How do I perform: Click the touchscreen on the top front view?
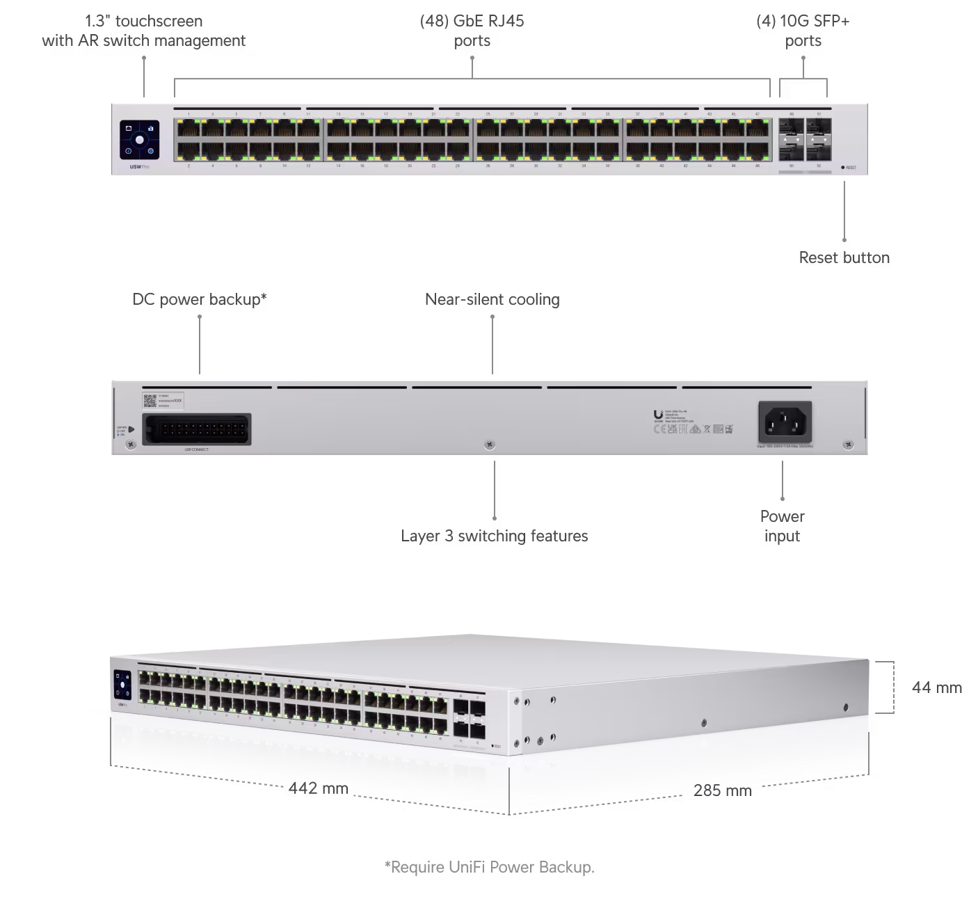pos(139,139)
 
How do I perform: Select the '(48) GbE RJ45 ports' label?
pos(472,31)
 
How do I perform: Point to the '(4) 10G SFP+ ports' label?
pos(803,31)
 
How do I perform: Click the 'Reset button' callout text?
pos(844,258)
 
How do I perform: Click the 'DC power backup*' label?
pos(200,300)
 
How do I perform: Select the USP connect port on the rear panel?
pos(197,429)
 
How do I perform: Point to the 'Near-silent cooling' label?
pos(492,300)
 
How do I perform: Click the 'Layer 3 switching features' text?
pos(494,536)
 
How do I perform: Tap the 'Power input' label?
pos(782,526)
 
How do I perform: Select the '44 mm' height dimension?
pos(936,687)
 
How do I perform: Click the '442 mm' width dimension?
pos(318,788)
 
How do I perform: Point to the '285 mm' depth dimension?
pos(722,790)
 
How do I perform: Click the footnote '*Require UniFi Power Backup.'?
pos(489,867)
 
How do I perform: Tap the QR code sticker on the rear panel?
pos(150,400)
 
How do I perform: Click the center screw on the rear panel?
pos(490,443)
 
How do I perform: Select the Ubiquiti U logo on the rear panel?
pos(658,415)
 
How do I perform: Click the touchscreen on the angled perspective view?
pos(122,684)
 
